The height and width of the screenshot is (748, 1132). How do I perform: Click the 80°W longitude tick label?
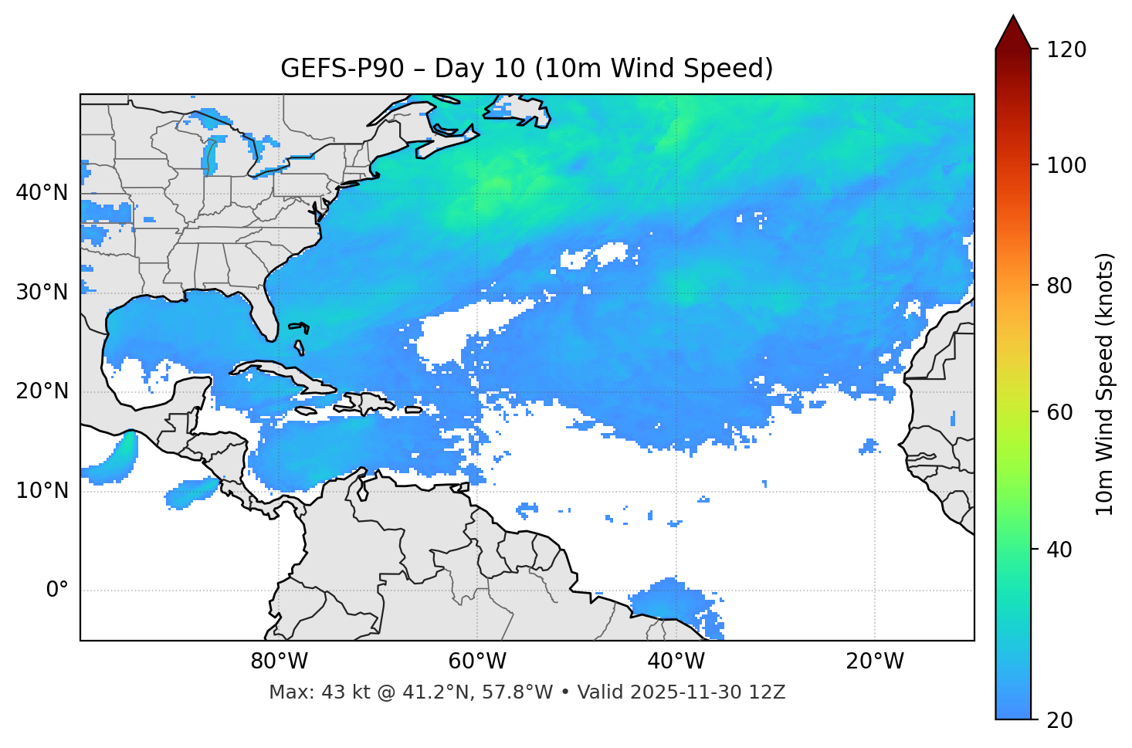pyautogui.click(x=279, y=662)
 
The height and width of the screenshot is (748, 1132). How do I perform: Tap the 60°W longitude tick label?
pyautogui.click(x=477, y=662)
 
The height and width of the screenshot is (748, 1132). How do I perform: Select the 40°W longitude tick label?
pyautogui.click(x=676, y=662)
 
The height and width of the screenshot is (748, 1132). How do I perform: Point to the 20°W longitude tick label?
pyautogui.click(x=874, y=662)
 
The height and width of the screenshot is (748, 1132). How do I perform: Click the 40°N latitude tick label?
pyautogui.click(x=42, y=193)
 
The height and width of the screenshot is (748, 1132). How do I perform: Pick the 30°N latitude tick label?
pyautogui.click(x=42, y=293)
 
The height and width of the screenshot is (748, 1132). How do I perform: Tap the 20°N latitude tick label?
pyautogui.click(x=42, y=391)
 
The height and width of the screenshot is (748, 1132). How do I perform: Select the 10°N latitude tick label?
pyautogui.click(x=42, y=491)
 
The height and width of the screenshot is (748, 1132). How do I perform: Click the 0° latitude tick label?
pyautogui.click(x=57, y=591)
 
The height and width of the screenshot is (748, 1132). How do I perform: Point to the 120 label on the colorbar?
pyautogui.click(x=1066, y=49)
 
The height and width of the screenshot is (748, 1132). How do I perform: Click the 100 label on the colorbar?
pyautogui.click(x=1066, y=165)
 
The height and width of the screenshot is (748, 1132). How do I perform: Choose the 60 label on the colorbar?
pyautogui.click(x=1059, y=412)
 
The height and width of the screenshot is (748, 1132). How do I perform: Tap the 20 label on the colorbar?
pyautogui.click(x=1059, y=720)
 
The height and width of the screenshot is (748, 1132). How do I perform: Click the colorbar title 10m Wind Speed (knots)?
pyautogui.click(x=1105, y=384)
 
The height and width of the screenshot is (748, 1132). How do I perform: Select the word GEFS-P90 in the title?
pyautogui.click(x=342, y=69)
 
